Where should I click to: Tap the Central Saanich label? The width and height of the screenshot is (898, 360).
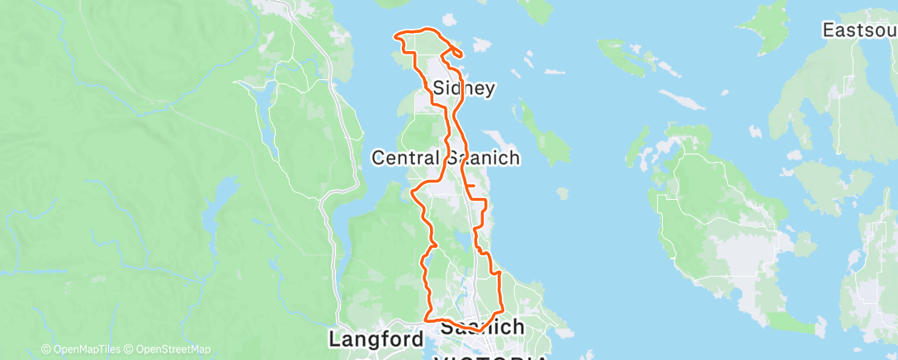pyautogui.click(x=446, y=158)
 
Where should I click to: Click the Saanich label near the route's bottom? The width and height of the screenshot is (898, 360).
pyautogui.click(x=482, y=327)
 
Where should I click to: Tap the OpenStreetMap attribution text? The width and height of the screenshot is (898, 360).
pyautogui.click(x=173, y=349)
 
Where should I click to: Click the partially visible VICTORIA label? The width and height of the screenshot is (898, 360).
pyautogui.click(x=491, y=357)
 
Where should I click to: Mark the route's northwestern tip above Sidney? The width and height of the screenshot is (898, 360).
pyautogui.click(x=396, y=35)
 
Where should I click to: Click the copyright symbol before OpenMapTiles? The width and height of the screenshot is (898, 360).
pyautogui.click(x=45, y=349)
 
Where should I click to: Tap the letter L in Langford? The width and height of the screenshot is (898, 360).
pyautogui.click(x=335, y=339)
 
